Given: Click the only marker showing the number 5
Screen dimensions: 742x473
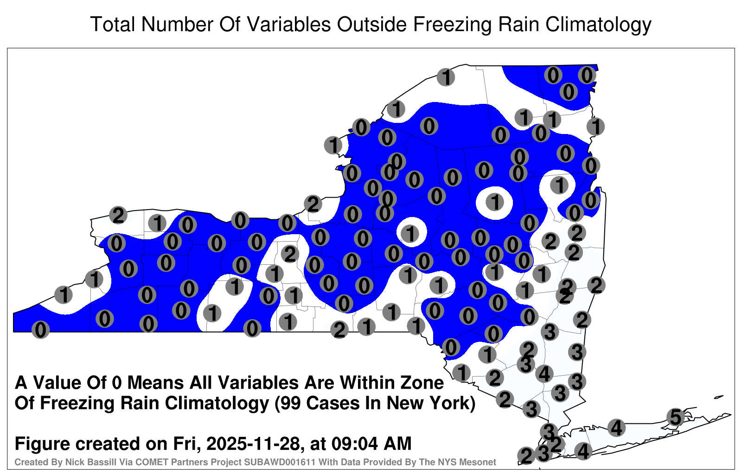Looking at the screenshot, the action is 675,417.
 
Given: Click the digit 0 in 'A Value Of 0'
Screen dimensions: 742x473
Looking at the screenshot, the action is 117,383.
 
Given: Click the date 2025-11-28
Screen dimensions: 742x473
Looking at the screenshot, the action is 253,444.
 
